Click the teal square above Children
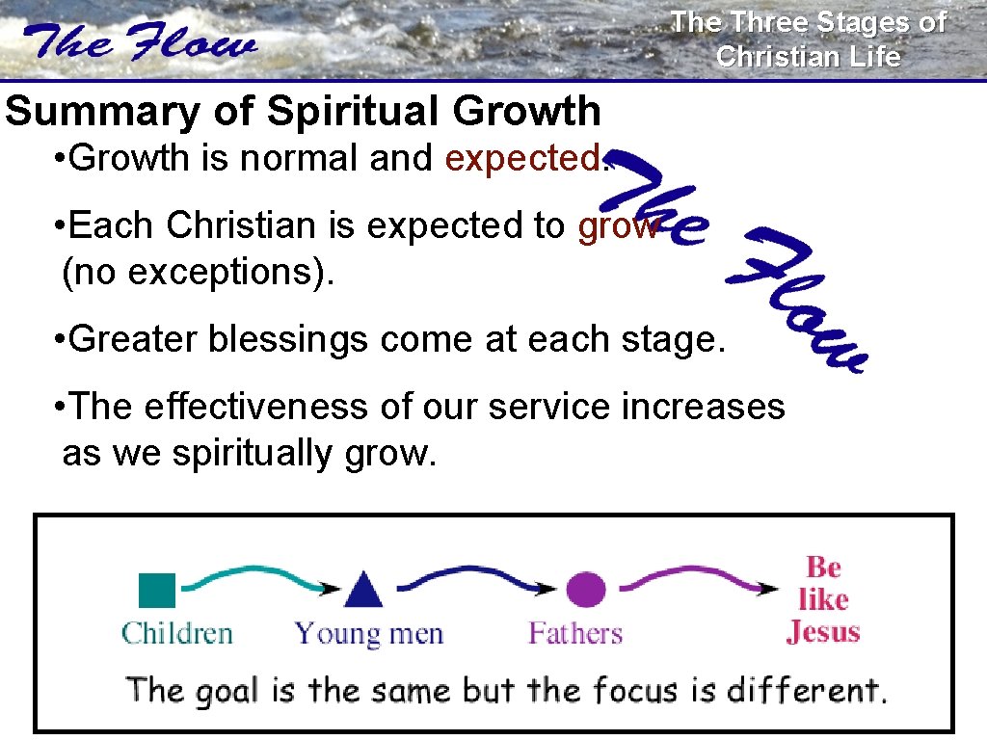(x=157, y=590)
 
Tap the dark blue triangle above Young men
(x=363, y=590)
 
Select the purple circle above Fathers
(x=585, y=589)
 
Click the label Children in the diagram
(x=177, y=634)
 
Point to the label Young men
(x=368, y=634)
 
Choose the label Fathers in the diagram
(x=575, y=634)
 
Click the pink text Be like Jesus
(x=823, y=599)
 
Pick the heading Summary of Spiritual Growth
(x=303, y=112)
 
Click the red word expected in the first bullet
(x=521, y=158)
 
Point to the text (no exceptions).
(x=198, y=273)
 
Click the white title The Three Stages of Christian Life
(x=808, y=39)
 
